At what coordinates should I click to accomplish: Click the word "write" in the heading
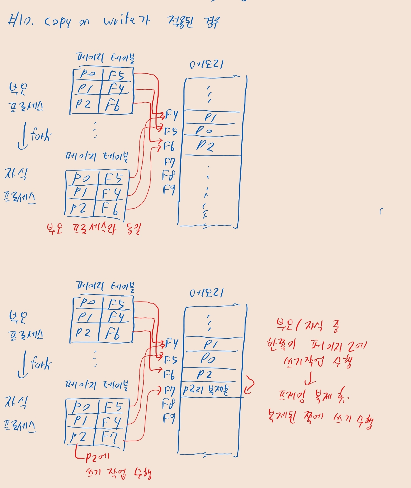click(119, 20)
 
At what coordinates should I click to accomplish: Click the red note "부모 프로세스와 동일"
click(94, 228)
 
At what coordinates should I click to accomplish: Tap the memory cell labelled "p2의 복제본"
click(206, 390)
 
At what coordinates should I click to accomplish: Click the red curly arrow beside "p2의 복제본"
click(249, 385)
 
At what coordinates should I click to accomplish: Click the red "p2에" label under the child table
click(97, 457)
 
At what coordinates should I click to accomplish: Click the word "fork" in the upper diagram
click(41, 135)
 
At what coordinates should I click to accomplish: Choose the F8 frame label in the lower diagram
click(168, 404)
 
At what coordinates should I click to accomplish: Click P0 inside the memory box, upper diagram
click(204, 130)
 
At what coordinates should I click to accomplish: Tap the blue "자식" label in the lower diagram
click(16, 402)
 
